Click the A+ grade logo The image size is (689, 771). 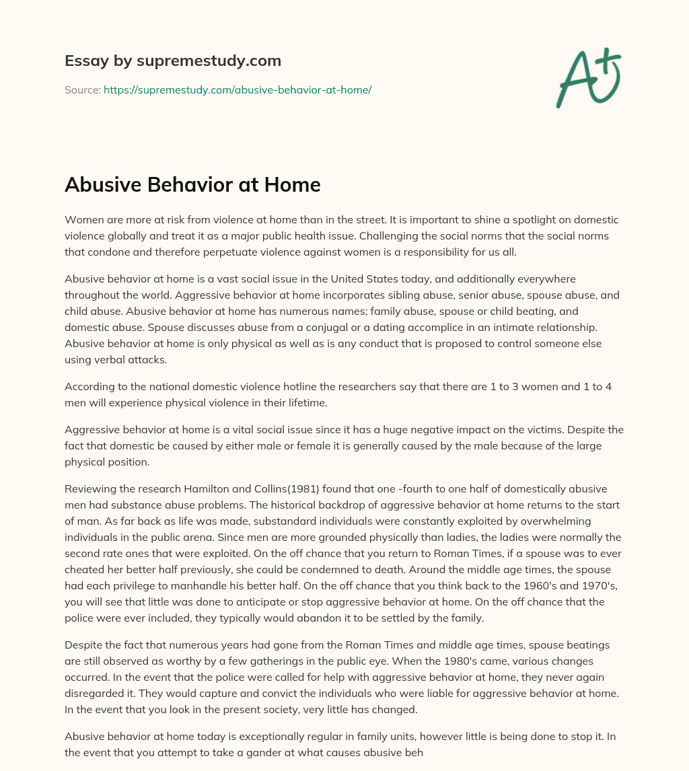click(x=588, y=77)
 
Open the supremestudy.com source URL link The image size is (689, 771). click(x=237, y=89)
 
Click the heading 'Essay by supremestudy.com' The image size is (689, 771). click(x=173, y=61)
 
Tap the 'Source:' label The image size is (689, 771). click(x=82, y=89)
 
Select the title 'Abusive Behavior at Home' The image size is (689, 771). click(x=192, y=185)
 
